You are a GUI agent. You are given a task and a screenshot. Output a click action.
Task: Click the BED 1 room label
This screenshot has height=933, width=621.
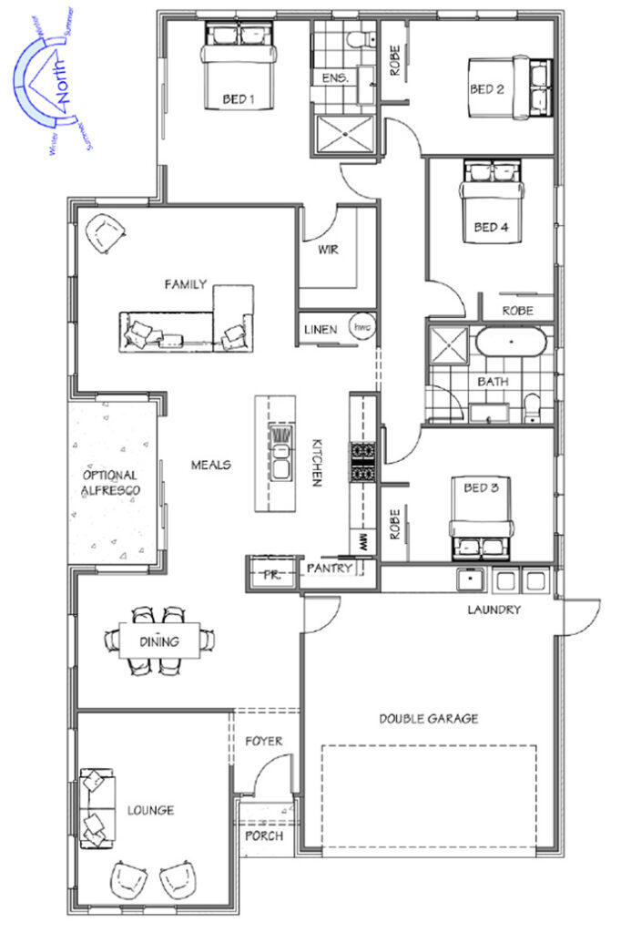(x=238, y=98)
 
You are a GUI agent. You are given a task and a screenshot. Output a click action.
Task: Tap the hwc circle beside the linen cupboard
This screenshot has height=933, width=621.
(x=361, y=327)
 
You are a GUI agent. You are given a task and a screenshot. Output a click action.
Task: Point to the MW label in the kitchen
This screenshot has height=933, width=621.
(x=363, y=541)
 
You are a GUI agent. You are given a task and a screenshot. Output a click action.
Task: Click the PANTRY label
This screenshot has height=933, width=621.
(x=329, y=569)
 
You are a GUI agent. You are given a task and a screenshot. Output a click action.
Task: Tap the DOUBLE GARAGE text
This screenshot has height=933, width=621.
(x=429, y=719)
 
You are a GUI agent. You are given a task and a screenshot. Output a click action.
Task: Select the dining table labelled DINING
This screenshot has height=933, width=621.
(x=159, y=641)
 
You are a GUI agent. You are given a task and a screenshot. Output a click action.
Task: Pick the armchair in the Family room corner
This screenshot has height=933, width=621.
(x=106, y=234)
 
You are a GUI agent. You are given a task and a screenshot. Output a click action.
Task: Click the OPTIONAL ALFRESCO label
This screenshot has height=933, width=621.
(x=111, y=483)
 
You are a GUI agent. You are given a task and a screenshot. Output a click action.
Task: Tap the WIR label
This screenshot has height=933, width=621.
(x=328, y=250)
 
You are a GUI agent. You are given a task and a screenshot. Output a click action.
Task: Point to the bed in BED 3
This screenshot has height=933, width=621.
(x=481, y=518)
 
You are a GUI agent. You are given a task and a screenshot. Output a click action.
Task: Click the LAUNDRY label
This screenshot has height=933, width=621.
(x=494, y=610)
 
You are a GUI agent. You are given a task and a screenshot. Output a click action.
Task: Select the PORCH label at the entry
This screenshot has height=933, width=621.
(x=264, y=836)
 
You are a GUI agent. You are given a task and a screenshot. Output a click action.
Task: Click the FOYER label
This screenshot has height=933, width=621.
(x=263, y=742)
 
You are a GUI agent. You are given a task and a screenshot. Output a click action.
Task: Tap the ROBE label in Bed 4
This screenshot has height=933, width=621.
(x=517, y=311)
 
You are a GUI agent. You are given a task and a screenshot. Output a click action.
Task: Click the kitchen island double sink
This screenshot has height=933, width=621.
(x=280, y=454)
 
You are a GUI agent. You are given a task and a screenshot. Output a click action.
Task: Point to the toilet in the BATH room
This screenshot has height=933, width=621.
(x=533, y=407)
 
